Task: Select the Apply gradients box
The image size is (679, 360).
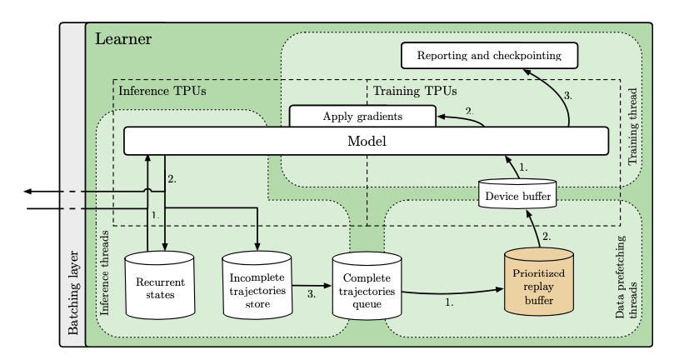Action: [x=362, y=116]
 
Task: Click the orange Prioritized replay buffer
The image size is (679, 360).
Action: [x=539, y=283]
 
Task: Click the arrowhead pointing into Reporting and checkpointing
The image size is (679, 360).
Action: [x=527, y=70]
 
